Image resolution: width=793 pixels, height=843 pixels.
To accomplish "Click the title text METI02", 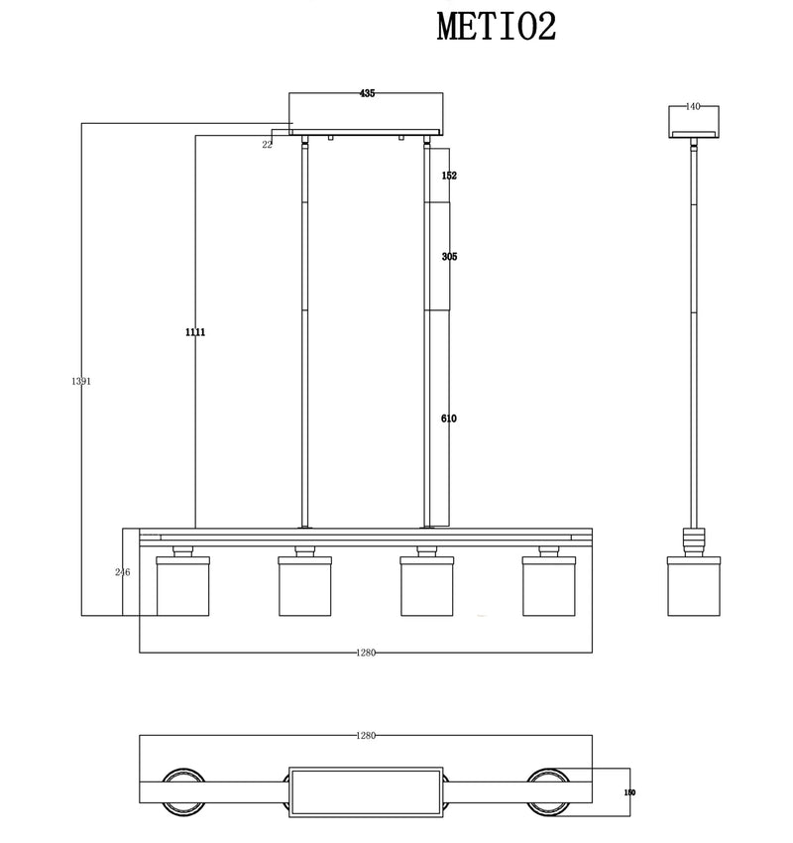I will coord(497,27).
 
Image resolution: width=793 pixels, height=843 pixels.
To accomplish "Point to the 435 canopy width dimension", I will coord(367,94).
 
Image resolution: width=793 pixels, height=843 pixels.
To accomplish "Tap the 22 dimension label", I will coord(268,145).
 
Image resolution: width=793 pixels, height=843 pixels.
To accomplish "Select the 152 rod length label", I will coord(449,176).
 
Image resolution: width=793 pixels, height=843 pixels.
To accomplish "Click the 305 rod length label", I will coord(449,257).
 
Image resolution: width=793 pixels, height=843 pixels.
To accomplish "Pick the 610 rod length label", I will coord(449,419).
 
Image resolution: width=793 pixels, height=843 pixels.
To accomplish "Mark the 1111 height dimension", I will coord(194,332).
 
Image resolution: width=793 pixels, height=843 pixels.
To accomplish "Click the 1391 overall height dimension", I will coord(81,381).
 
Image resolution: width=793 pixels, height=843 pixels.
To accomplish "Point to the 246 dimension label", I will coord(123,572).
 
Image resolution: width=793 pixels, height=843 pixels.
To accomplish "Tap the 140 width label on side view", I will coord(693,106).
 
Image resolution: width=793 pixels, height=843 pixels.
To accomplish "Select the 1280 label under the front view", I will coord(366,653).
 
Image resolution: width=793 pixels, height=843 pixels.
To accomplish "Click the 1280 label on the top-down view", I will coord(366,736).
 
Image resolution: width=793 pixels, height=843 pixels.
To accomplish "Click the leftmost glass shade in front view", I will coord(182,586).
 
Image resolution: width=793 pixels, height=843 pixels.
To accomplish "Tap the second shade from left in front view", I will coord(304,586).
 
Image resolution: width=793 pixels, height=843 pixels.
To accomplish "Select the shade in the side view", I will coord(693,586).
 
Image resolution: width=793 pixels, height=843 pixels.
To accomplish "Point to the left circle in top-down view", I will coord(182,790).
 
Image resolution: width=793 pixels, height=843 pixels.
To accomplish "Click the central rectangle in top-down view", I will coord(365,790).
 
